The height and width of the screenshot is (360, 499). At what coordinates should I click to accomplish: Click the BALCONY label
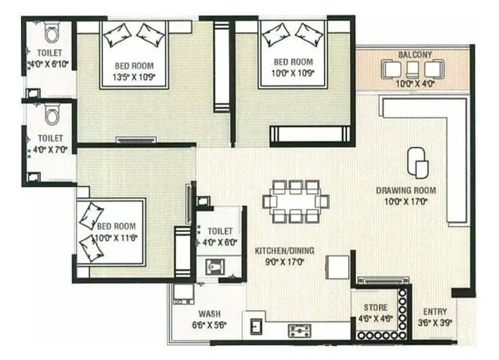tap(415, 55)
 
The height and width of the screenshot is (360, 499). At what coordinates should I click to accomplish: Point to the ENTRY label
tap(434, 312)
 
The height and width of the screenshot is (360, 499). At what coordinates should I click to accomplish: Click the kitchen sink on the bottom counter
tap(254, 328)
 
